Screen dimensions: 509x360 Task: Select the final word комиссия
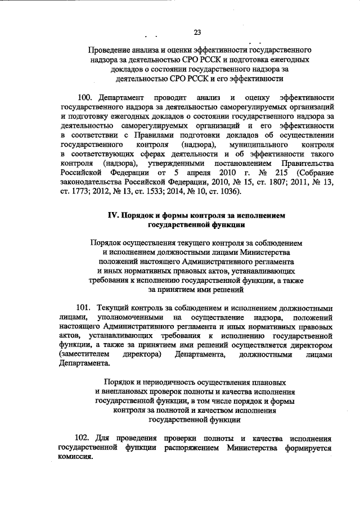[x=76, y=457]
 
